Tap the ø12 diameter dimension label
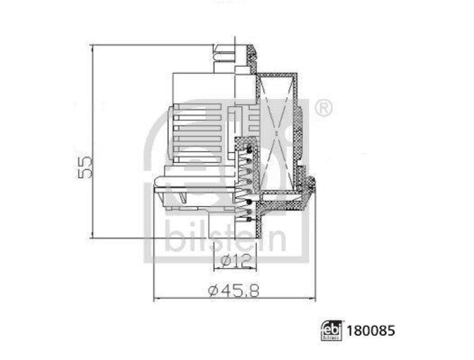pos(236,260)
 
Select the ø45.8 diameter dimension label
pos(233,291)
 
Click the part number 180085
pos(371,331)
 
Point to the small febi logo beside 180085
pos(331,331)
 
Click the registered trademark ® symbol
pos(324,108)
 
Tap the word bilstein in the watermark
pos(225,236)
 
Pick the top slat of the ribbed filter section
pos(197,107)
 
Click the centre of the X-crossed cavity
pos(276,133)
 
